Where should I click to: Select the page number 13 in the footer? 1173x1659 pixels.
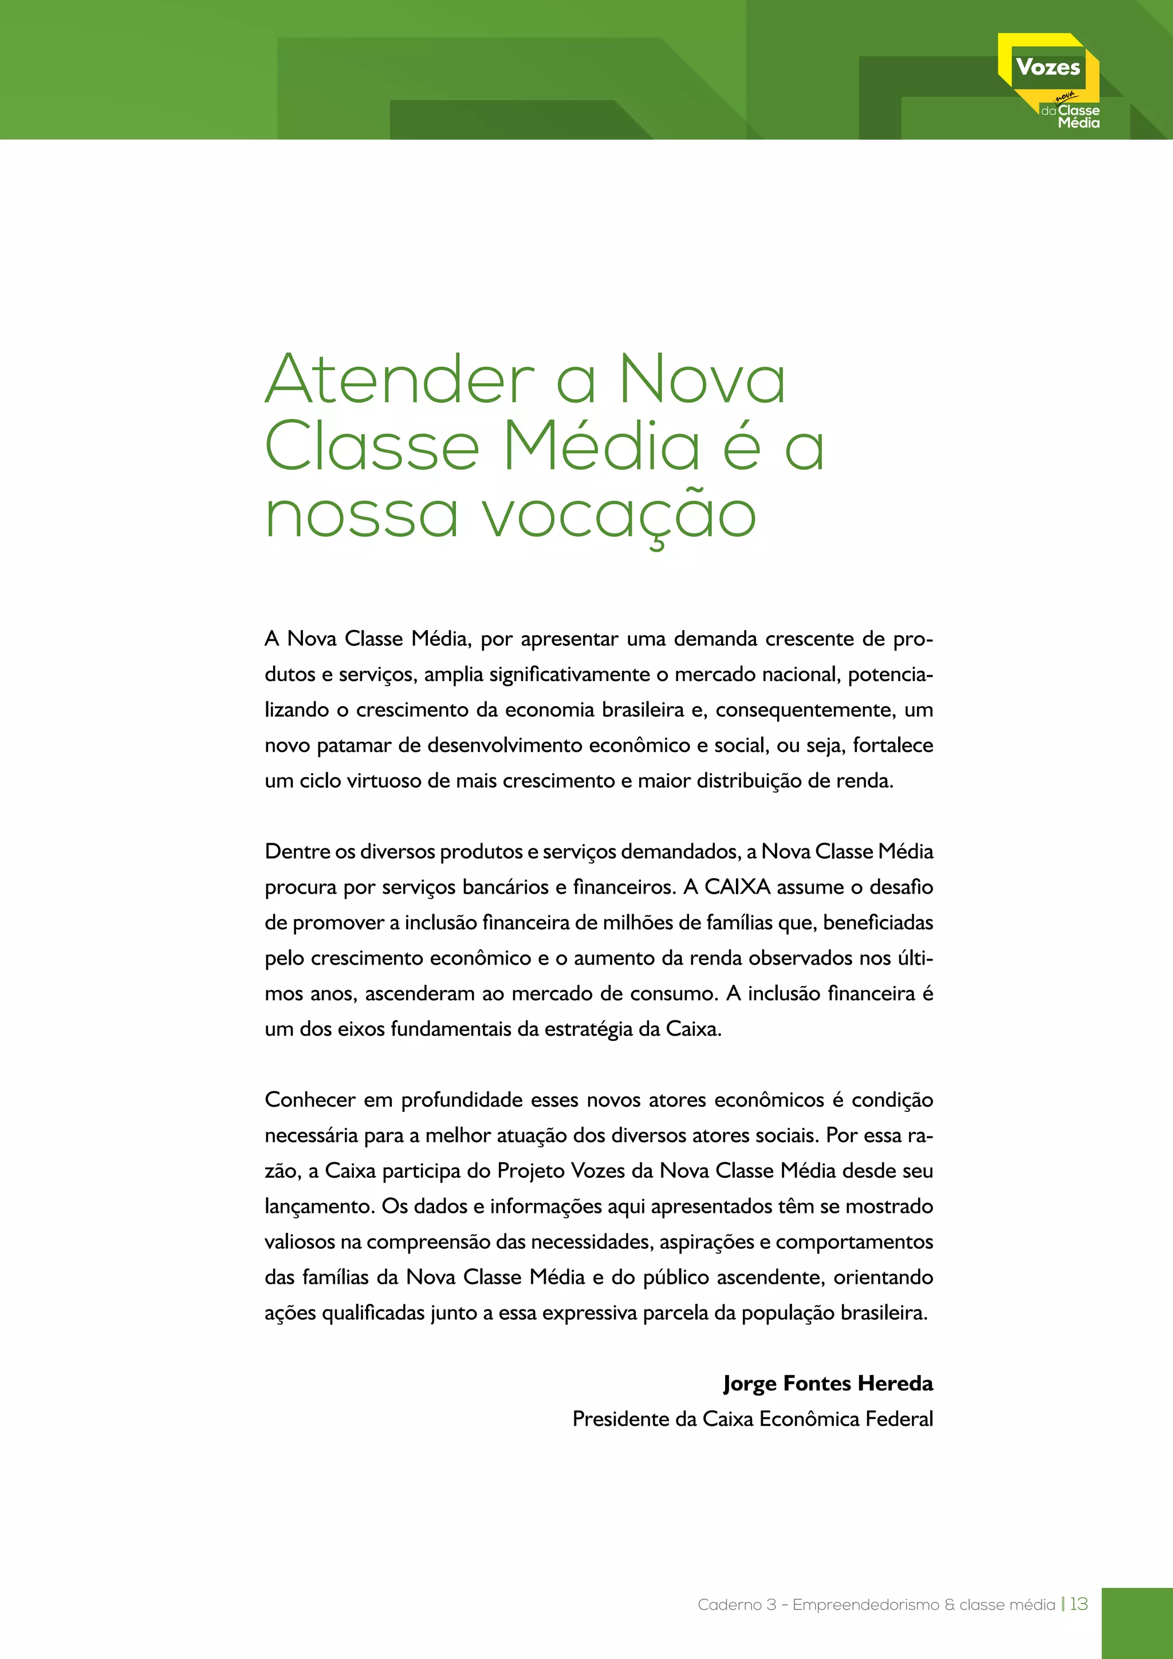click(x=1078, y=1604)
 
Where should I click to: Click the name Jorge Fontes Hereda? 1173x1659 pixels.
click(x=828, y=1383)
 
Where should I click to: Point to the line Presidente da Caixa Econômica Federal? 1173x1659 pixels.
click(x=752, y=1418)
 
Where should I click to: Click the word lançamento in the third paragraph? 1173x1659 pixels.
click(x=318, y=1206)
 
